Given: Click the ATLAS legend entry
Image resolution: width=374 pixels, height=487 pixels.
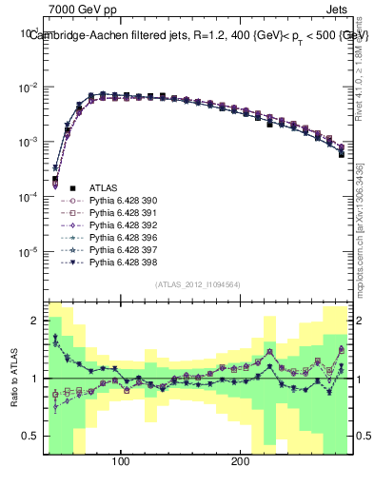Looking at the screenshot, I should click(101, 189).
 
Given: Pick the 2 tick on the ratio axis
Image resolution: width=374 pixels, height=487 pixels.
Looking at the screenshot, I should click(36, 321).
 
